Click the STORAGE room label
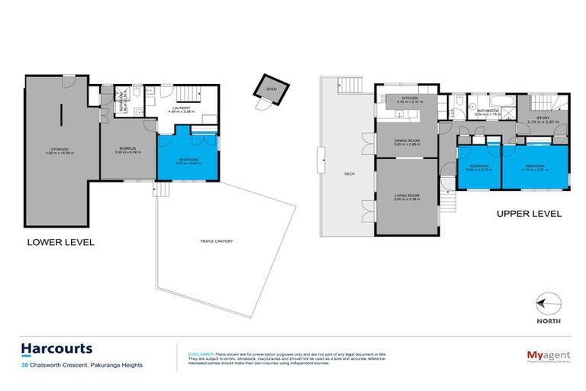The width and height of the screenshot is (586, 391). [x=57, y=149]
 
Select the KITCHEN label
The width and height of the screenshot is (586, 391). [x=405, y=98]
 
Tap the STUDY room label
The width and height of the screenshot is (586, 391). [x=543, y=118]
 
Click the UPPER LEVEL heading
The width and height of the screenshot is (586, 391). [x=529, y=214]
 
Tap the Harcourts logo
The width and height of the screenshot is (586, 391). [x=57, y=349]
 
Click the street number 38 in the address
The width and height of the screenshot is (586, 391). [x=26, y=365]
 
